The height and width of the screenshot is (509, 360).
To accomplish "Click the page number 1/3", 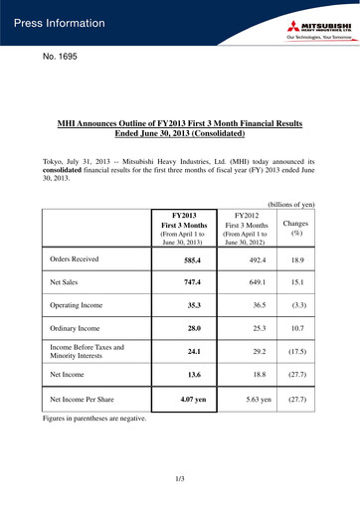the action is tap(180, 481).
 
